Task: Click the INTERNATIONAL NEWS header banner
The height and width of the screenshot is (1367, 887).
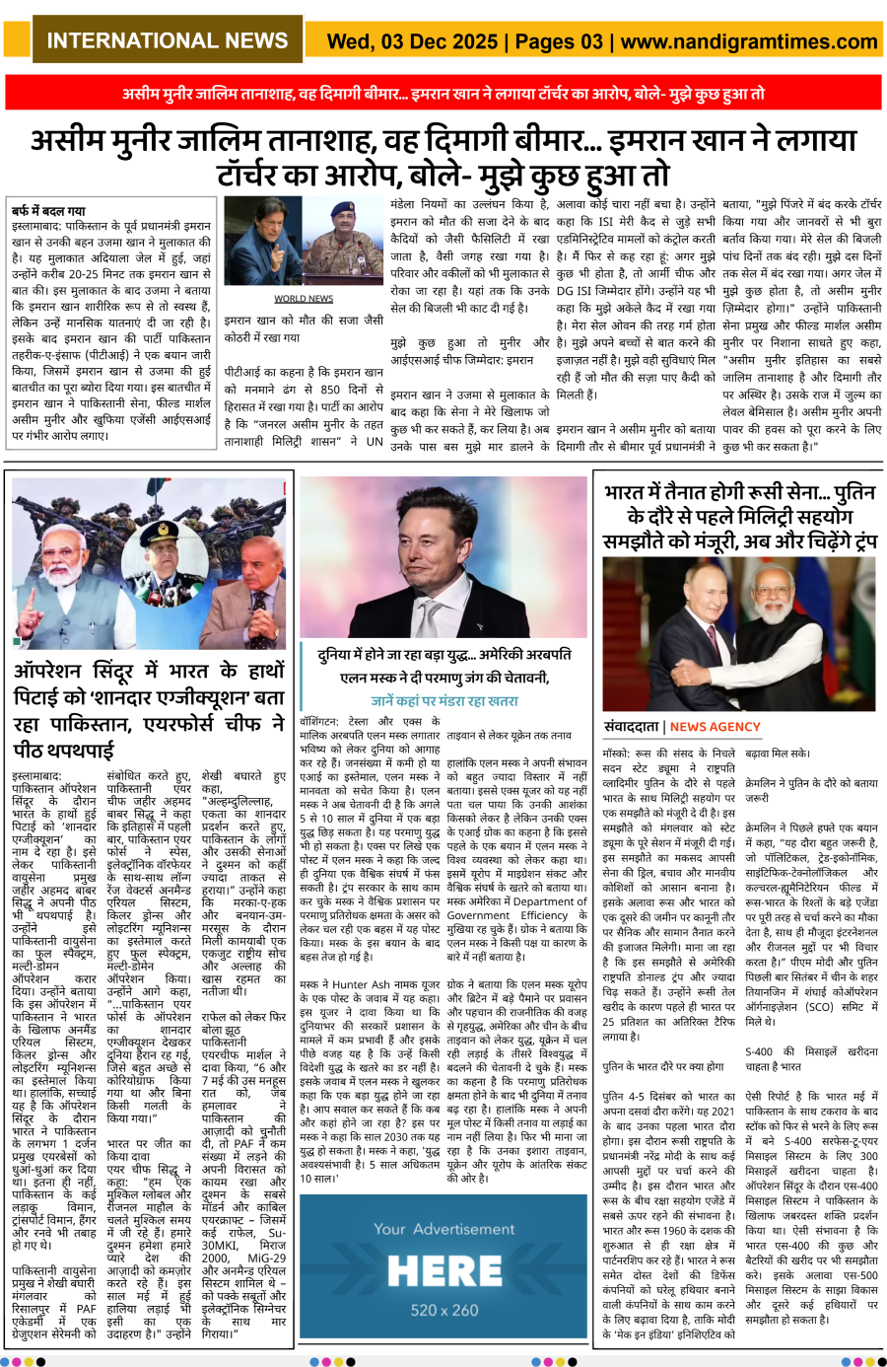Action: pyautogui.click(x=168, y=41)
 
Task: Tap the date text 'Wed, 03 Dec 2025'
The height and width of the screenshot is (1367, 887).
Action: pyautogui.click(x=412, y=41)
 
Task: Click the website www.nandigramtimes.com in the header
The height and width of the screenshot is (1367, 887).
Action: pyautogui.click(x=750, y=41)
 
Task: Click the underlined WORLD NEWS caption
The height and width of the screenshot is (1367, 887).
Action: pyautogui.click(x=304, y=298)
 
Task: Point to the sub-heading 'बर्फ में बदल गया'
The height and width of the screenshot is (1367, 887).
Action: pyautogui.click(x=48, y=211)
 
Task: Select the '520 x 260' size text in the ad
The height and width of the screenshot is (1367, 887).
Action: pyautogui.click(x=443, y=1310)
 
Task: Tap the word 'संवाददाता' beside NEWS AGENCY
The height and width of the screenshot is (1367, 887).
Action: pyautogui.click(x=632, y=727)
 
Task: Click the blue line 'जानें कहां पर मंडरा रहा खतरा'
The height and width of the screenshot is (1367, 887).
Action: pyautogui.click(x=444, y=701)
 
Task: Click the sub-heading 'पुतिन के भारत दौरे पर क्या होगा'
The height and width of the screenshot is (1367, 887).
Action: pyautogui.click(x=662, y=1066)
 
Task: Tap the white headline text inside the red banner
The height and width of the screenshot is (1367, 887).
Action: pyautogui.click(x=443, y=94)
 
